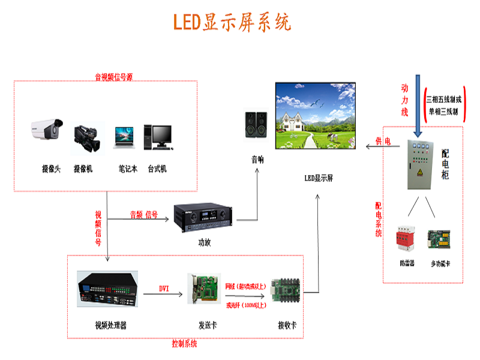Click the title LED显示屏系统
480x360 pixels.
tap(232, 22)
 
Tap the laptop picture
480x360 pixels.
tap(125, 137)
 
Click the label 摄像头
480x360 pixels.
tap(51, 169)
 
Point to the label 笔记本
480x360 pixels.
tap(128, 169)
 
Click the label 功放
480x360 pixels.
tap(205, 242)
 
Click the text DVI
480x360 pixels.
tap(164, 289)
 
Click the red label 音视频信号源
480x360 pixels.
tap(113, 77)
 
